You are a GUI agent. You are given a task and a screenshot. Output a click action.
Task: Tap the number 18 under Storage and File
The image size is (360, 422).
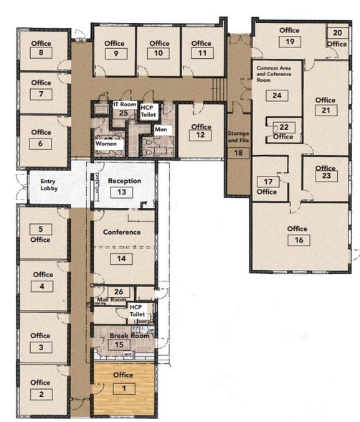[x=237, y=152]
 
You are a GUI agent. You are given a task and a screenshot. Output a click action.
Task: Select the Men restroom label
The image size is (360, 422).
[x=161, y=129]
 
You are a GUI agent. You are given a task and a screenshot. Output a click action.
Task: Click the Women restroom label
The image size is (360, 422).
[x=106, y=144]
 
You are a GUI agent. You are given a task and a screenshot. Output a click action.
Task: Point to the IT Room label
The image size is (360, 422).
[x=125, y=105]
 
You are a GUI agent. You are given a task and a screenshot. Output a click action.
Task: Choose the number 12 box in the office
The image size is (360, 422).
[x=201, y=136]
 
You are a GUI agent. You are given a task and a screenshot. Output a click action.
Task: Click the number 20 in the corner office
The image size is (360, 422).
[x=337, y=33]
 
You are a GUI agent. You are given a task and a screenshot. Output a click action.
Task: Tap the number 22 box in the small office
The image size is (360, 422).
[x=284, y=126]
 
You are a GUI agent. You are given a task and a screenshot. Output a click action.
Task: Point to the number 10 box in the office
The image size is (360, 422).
[x=159, y=53]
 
